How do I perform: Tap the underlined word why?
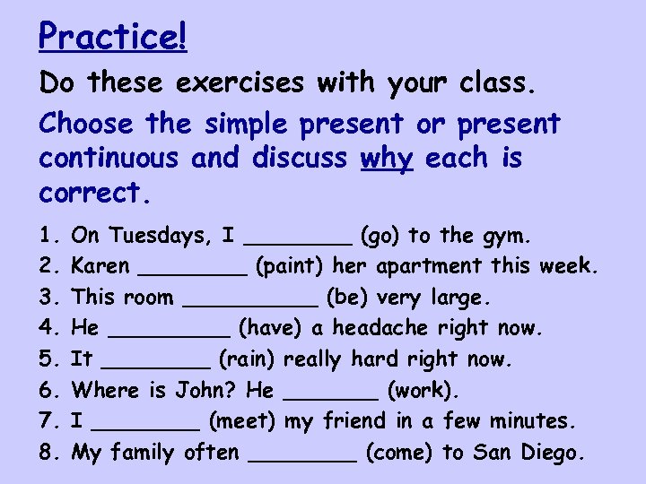point(387,159)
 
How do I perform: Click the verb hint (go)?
point(381,237)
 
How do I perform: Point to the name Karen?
point(100,266)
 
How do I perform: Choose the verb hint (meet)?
point(242,421)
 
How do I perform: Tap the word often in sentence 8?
point(212,452)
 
